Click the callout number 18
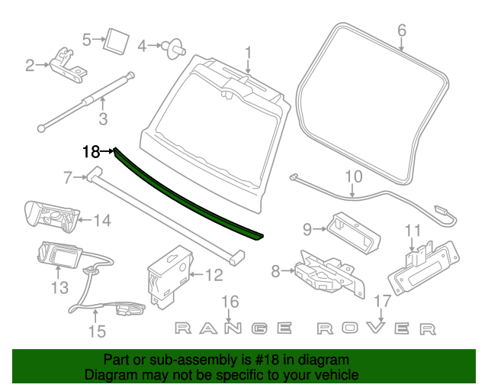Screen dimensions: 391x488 point(91,151)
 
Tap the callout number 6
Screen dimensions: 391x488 point(402,31)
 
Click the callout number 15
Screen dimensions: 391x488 point(97,331)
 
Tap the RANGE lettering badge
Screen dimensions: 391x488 point(233,328)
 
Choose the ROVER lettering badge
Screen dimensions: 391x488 point(377,329)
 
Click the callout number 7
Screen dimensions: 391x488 point(68,178)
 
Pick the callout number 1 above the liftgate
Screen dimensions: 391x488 point(248,53)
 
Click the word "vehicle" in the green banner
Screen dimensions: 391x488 point(332,375)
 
